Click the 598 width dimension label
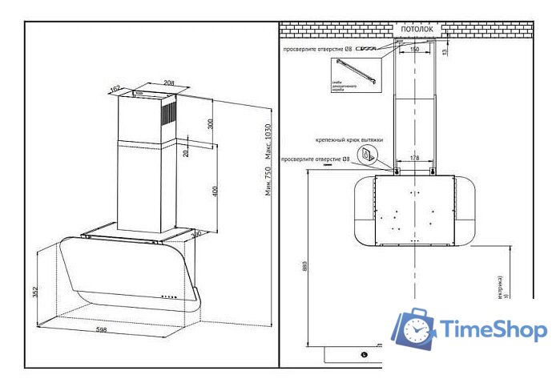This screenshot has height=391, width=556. pyautogui.click(x=103, y=330)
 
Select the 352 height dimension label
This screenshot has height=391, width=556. pyautogui.click(x=34, y=292)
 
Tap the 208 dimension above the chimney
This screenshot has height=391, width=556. pyautogui.click(x=170, y=83)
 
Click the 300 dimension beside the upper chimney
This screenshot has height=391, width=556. pyautogui.click(x=211, y=124)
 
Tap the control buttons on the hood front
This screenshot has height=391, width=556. pyautogui.click(x=168, y=296)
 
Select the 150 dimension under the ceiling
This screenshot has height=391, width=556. pyautogui.click(x=413, y=50)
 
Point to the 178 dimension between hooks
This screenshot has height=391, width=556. pyautogui.click(x=414, y=159)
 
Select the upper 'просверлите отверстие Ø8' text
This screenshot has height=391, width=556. pyautogui.click(x=317, y=49)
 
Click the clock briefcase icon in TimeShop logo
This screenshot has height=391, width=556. pyautogui.click(x=414, y=329)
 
